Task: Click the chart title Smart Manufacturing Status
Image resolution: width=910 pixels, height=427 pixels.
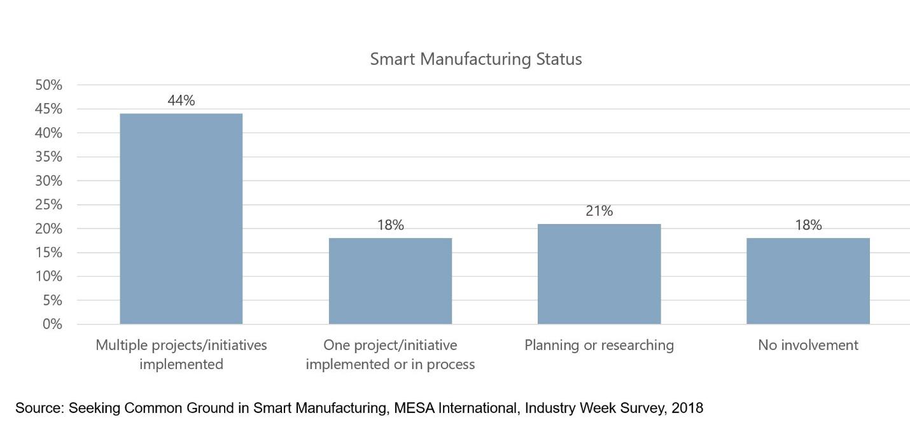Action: click(x=475, y=59)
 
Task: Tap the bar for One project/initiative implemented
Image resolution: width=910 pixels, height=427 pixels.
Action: click(x=390, y=281)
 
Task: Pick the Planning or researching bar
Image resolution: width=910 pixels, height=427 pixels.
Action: click(x=599, y=274)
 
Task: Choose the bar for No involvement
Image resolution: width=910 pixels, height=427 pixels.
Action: click(x=808, y=281)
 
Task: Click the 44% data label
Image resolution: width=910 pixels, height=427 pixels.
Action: click(x=181, y=101)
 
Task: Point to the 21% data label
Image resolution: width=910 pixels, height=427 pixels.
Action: click(x=599, y=211)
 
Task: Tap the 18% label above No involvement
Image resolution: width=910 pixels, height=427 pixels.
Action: click(x=808, y=225)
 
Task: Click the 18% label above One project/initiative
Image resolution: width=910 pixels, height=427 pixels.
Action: click(x=390, y=225)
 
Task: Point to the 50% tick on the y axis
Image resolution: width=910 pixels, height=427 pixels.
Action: click(x=48, y=85)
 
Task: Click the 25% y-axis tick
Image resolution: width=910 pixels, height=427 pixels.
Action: click(x=48, y=205)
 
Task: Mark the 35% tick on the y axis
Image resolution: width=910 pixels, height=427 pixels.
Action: click(x=48, y=157)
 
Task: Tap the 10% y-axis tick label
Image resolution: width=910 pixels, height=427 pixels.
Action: click(x=48, y=276)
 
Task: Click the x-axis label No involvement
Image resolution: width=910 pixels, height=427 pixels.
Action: click(x=808, y=345)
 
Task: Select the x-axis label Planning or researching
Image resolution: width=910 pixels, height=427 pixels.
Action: click(x=599, y=345)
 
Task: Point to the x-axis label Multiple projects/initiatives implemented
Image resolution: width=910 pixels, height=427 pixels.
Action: click(x=181, y=354)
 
